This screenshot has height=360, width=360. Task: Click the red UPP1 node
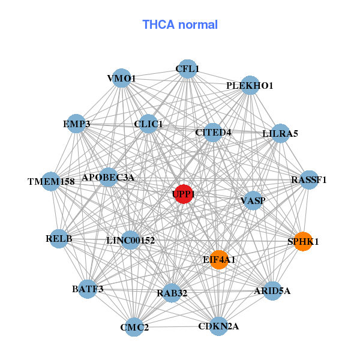tap(184, 194)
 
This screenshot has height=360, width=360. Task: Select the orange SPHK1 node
tap(303, 242)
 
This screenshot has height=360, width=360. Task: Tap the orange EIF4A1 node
tap(219, 260)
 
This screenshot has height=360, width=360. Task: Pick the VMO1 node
tap(122, 78)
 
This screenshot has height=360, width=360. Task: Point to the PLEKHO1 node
tap(250, 86)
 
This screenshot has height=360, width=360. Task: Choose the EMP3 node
tap(76, 124)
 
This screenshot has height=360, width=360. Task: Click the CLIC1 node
tap(148, 125)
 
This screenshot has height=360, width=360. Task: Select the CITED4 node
tap(213, 132)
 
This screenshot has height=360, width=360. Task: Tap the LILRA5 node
tap(280, 133)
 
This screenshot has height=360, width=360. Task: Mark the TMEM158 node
tap(50, 181)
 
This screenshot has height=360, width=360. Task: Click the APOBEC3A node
tap(108, 178)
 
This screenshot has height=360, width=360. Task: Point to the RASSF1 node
tap(308, 179)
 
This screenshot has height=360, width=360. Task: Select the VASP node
tap(253, 200)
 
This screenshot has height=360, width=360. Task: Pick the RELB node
tap(59, 239)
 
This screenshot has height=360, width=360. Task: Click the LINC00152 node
tap(130, 241)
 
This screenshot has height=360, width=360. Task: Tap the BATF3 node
tap(88, 289)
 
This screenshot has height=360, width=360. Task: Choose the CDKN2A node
tap(218, 326)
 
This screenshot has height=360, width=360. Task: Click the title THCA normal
tap(180, 25)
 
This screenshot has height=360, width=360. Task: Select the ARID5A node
tap(272, 291)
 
